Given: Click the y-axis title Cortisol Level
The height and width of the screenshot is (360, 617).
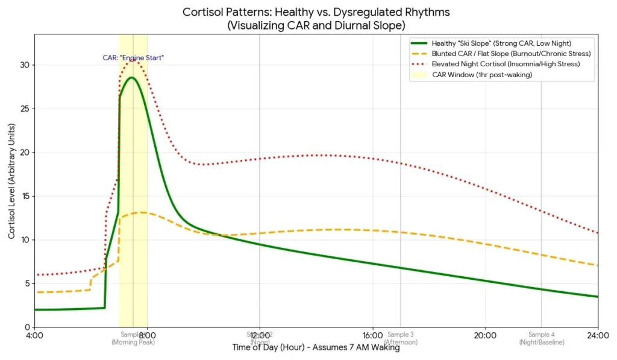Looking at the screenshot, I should (11, 180).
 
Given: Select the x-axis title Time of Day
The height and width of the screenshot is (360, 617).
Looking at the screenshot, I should (316, 347).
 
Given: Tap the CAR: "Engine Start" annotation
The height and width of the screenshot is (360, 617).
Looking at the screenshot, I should (133, 58).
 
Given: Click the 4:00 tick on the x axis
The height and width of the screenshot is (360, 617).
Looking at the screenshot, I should (34, 335).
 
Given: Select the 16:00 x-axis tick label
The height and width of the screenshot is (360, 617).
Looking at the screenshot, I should (373, 335).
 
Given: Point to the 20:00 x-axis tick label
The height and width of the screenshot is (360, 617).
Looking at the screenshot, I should (485, 335).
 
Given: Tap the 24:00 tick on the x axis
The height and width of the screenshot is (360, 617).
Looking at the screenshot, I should (598, 335).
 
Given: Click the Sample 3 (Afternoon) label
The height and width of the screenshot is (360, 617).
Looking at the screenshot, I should (400, 338).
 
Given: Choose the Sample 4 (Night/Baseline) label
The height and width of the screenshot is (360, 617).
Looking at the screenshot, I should (541, 338).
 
